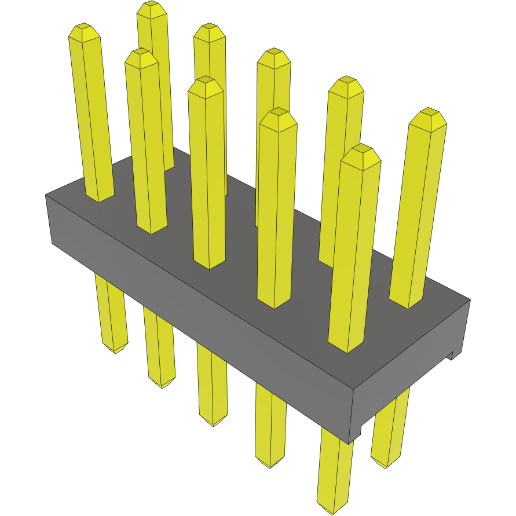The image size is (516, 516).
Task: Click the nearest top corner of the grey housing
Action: click(x=353, y=389)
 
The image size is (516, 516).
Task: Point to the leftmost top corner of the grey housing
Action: click(x=46, y=195)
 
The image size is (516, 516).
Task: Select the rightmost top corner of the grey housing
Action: click(x=470, y=299)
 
